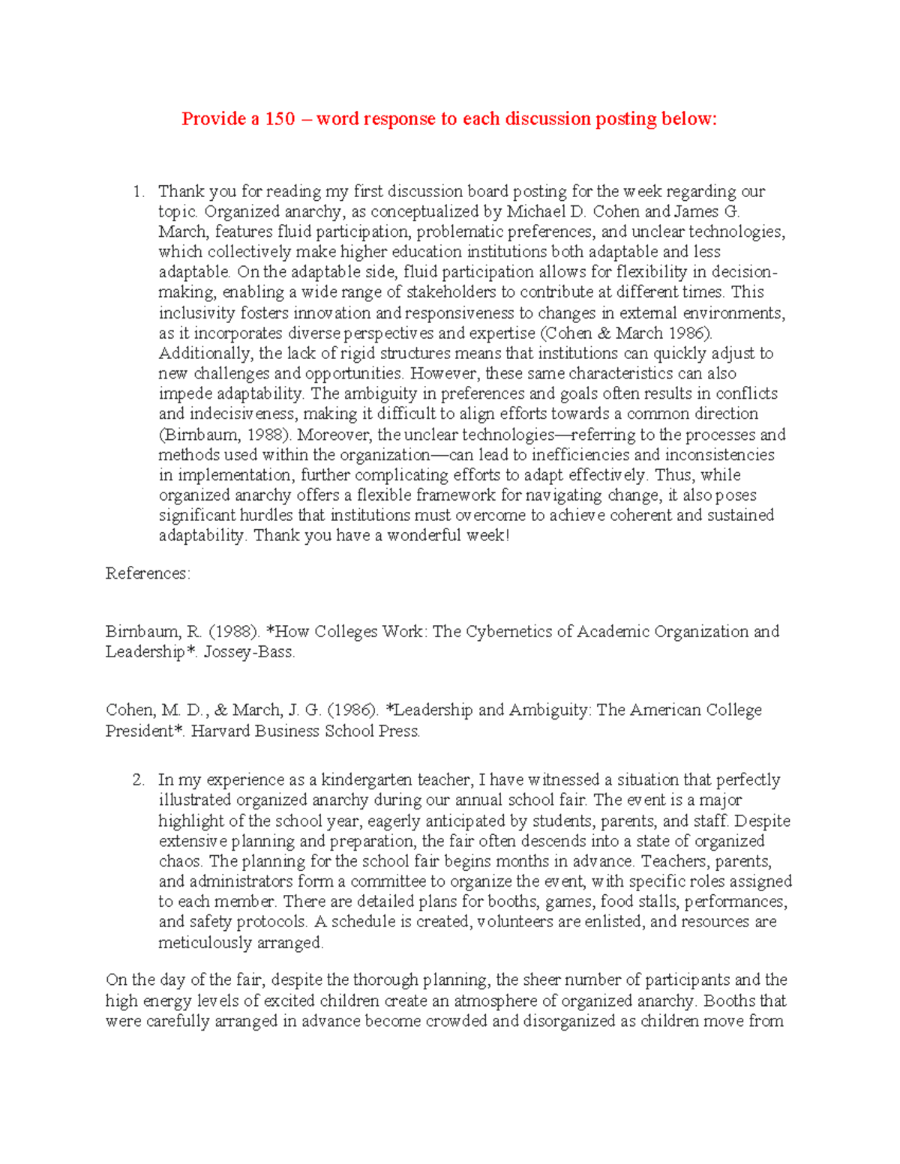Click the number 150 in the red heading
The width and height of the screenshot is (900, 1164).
(279, 119)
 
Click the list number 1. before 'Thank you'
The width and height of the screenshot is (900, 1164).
(139, 192)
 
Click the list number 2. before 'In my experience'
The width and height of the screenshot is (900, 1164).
(139, 780)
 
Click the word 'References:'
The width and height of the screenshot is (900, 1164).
(148, 573)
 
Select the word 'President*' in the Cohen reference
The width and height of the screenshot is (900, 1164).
(145, 732)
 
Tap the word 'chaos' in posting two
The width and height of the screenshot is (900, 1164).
(179, 862)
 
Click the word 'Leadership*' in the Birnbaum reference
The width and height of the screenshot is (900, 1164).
(145, 652)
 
